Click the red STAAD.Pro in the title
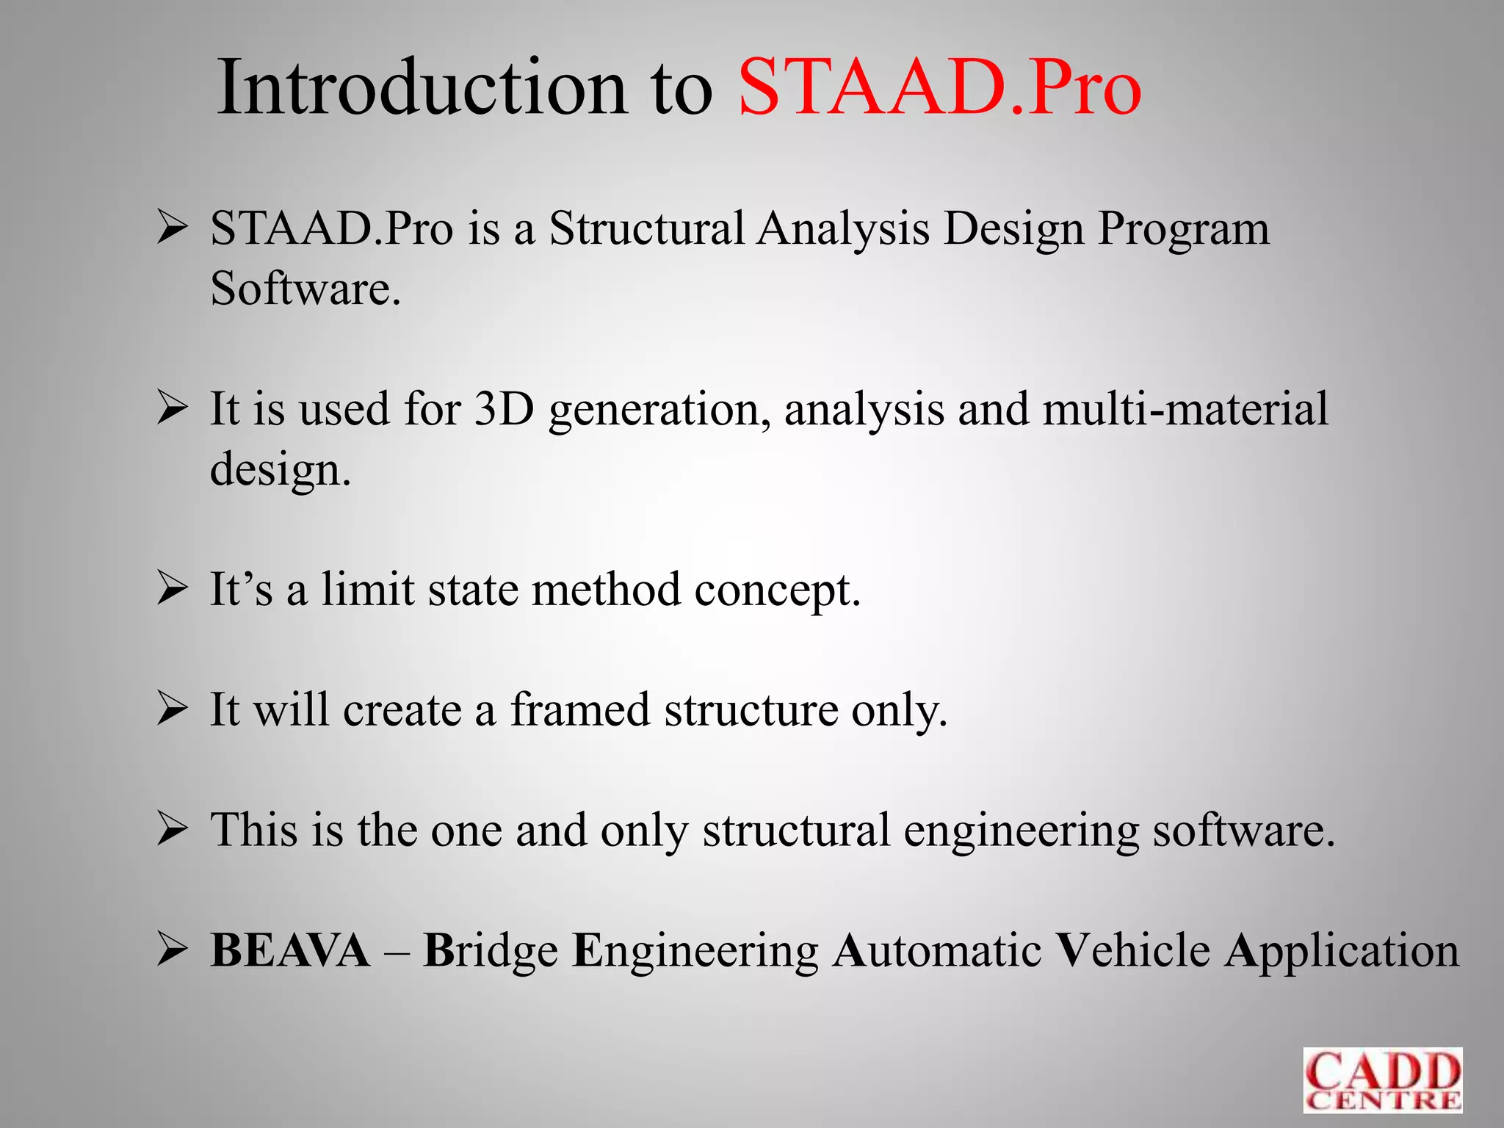pos(939,88)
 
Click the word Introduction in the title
pos(422,88)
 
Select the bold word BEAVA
pos(290,951)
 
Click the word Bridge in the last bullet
pos(490,951)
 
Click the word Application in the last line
pos(1341,951)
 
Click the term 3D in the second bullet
pos(504,409)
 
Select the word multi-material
pos(1185,409)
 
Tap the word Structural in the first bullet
pos(647,228)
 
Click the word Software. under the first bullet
pos(305,289)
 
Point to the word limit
pos(367,590)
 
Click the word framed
pos(580,710)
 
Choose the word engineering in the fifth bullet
pos(1021,831)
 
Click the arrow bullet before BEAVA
pos(173,951)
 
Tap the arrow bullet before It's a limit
pos(173,590)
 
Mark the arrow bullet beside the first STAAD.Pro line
pos(173,228)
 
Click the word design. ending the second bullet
pos(281,469)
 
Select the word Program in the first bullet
pos(1183,230)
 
